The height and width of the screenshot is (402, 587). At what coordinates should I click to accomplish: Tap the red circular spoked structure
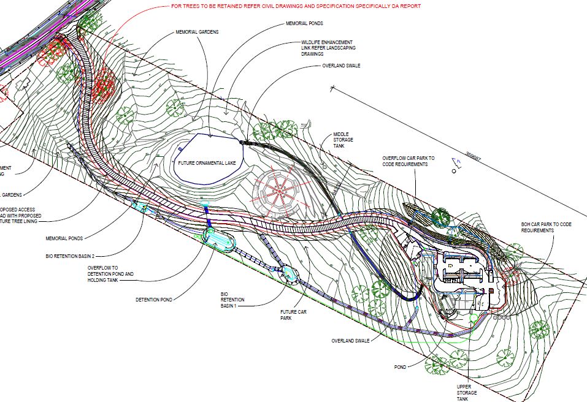tap(279, 191)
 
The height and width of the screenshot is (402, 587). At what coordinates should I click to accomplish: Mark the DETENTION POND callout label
tap(153, 300)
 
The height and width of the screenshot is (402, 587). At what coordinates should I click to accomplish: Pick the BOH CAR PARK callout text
tap(546, 227)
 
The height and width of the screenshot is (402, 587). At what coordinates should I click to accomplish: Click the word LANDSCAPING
tap(342, 48)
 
